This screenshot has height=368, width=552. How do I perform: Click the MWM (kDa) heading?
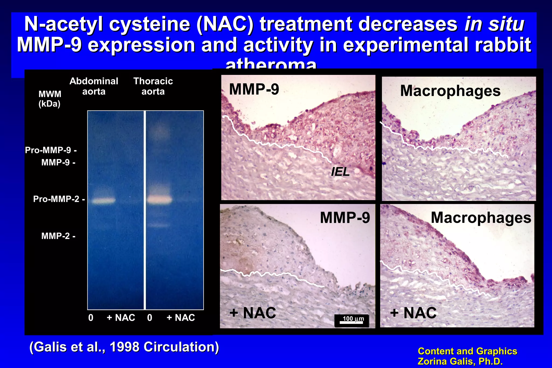(x=50, y=99)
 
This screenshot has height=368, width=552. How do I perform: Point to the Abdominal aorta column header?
(x=94, y=86)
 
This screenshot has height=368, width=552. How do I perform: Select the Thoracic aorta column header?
(x=153, y=86)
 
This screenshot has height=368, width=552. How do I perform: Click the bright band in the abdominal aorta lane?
(x=103, y=200)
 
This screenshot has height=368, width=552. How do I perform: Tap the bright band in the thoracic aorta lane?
(x=159, y=200)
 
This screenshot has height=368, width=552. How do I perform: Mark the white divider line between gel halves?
(x=145, y=210)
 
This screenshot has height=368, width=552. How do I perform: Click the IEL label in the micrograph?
(x=340, y=172)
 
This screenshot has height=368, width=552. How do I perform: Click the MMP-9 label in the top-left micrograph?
(x=254, y=89)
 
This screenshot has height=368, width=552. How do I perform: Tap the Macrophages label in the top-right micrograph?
(x=450, y=91)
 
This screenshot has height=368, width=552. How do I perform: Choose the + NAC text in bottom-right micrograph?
(x=413, y=313)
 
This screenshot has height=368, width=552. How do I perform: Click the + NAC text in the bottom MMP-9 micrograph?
(x=253, y=313)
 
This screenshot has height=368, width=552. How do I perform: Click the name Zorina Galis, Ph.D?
(x=460, y=361)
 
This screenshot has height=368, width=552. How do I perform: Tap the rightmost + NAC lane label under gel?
(x=181, y=318)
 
